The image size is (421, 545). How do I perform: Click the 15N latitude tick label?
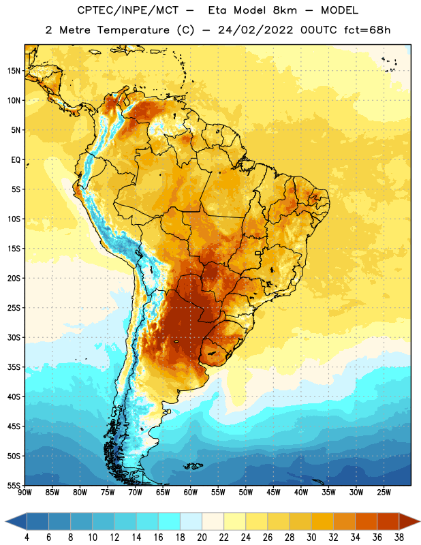pos(14,71)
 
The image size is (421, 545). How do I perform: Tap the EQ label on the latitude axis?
pos(16,160)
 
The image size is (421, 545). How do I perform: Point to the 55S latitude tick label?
pos(14,486)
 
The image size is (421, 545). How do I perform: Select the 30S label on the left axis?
pos(14,337)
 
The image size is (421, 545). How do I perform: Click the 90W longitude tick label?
pos(25,493)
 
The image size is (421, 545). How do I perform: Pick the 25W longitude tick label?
pos(384,493)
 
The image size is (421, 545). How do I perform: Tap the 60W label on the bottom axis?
pos(190,493)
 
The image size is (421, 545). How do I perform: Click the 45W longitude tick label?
pos(273,493)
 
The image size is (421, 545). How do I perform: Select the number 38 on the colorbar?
pos(399,538)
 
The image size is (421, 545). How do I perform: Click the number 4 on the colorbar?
pos(27,538)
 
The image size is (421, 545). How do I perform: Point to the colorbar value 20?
pos(202,538)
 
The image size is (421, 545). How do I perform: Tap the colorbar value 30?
pos(311,538)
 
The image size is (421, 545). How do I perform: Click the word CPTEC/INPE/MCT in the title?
pos(128,10)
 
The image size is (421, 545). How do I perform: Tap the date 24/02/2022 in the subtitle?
pos(255,30)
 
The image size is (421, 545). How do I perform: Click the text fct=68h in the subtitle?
pos(367,30)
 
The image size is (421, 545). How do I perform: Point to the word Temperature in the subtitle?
pos(133,30)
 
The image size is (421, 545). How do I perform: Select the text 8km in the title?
pos(285,10)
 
